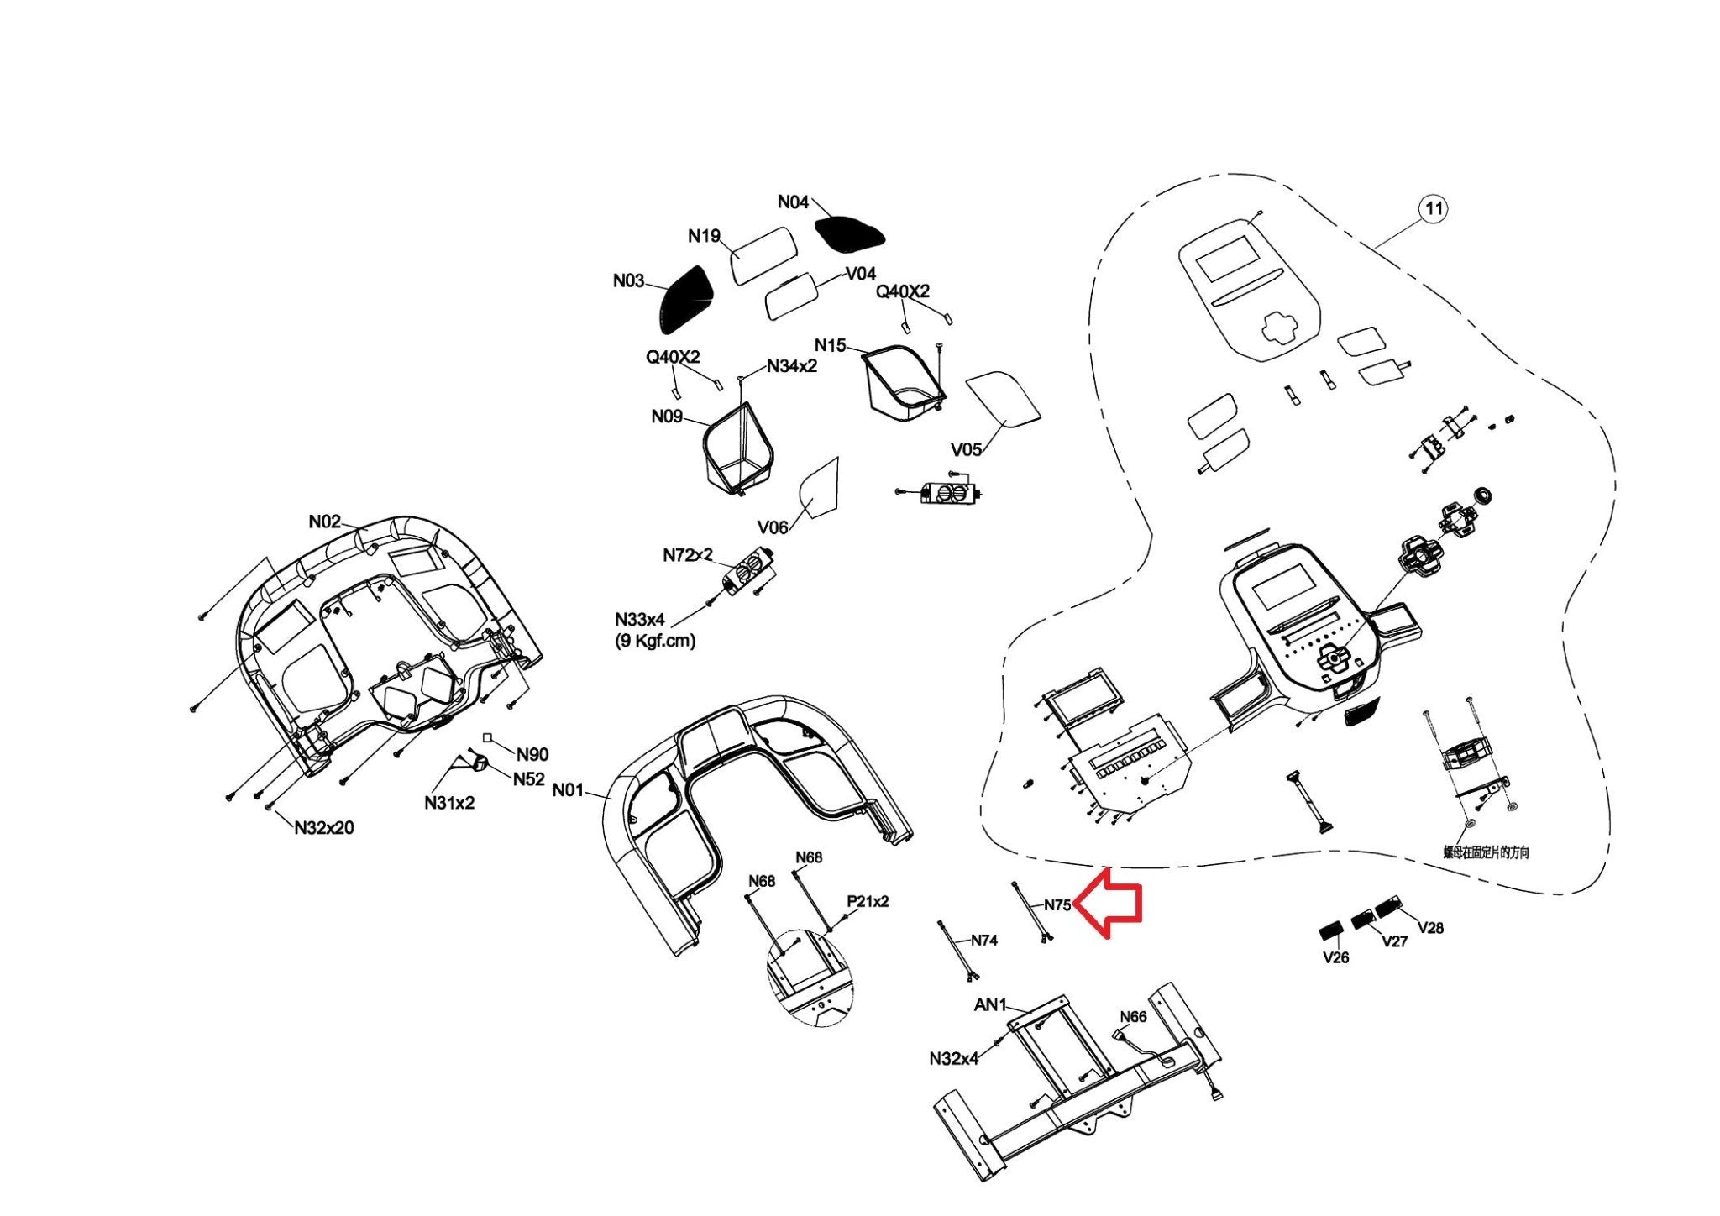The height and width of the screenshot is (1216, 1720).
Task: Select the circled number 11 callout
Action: pos(1434,208)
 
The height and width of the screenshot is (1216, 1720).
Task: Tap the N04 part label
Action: pos(793,202)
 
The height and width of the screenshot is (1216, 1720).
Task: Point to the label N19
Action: pos(704,236)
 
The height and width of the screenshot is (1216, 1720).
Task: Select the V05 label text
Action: pos(966,449)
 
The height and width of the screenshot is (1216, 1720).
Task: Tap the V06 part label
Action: pos(773,527)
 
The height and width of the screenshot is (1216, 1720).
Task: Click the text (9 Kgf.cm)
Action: pos(655,641)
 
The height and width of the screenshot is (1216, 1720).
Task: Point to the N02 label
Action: pos(325,522)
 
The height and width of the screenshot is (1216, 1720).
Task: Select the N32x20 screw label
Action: pos(324,828)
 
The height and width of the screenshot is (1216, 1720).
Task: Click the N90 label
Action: pos(532,754)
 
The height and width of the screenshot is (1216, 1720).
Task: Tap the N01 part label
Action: pos(568,790)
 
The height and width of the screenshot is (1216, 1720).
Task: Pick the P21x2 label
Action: pos(868,901)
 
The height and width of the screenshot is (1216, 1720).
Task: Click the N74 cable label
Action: pos(984,941)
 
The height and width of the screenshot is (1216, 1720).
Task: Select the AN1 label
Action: pos(990,1004)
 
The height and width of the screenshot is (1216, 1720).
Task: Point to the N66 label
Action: pos(1133,1017)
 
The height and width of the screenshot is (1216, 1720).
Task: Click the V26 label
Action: pos(1335,957)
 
